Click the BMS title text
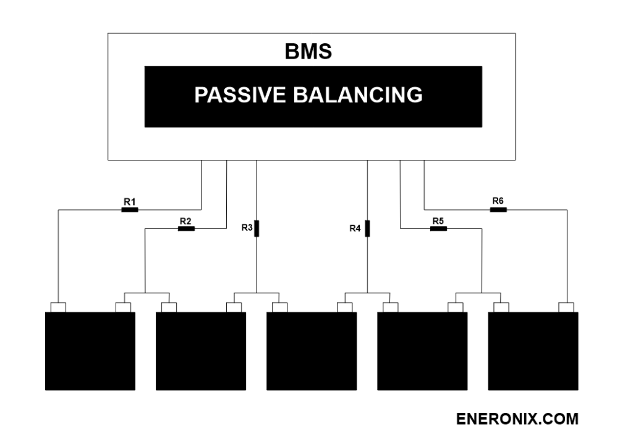308,52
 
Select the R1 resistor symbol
129,210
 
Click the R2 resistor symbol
186,229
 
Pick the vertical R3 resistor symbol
257,228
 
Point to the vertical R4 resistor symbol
367,228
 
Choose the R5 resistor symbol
438,229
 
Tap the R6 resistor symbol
498,210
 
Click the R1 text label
129,201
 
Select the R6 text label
498,201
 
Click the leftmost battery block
90,351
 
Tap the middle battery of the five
312,351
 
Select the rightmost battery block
533,351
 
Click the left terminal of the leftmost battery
57,307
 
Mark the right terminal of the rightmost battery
566,307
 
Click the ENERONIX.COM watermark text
517,419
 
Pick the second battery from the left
201,351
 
